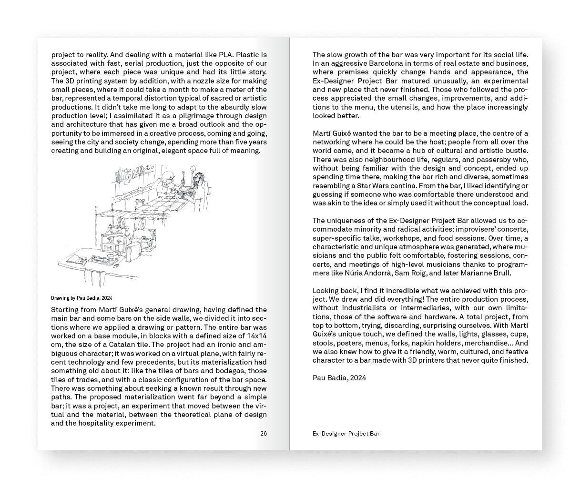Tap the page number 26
click(264, 433)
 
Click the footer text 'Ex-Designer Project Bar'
click(346, 434)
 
